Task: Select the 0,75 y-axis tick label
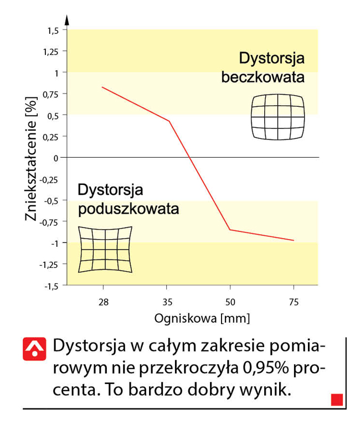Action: tap(50, 94)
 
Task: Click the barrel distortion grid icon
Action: tap(277, 116)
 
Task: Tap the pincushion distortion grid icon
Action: tap(105, 249)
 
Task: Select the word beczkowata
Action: tap(263, 77)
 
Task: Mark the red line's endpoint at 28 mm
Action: tap(102, 87)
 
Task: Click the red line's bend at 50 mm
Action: tap(230, 229)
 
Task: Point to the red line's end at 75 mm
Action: tap(293, 240)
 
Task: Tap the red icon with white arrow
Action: tap(34, 349)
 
